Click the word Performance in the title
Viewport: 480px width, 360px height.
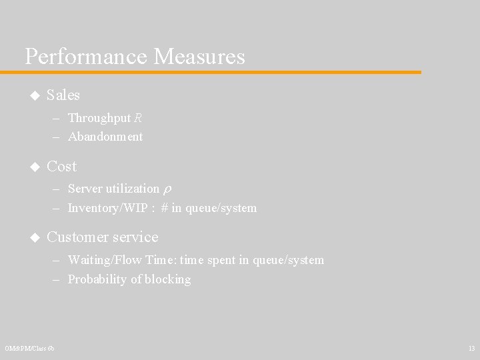pyautogui.click(x=86, y=57)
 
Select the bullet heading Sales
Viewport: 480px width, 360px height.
pyautogui.click(x=63, y=95)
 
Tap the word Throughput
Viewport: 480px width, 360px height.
pyautogui.click(x=99, y=119)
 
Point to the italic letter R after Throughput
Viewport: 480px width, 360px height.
pyautogui.click(x=138, y=119)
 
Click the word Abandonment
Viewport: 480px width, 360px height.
pyautogui.click(x=105, y=137)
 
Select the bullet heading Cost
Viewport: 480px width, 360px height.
pyautogui.click(x=62, y=166)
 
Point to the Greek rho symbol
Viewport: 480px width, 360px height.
pyautogui.click(x=167, y=190)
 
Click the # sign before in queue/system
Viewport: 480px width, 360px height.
pyautogui.click(x=164, y=208)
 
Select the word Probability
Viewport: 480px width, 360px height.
pyautogui.click(x=97, y=279)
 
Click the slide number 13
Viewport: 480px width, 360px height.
pyautogui.click(x=471, y=349)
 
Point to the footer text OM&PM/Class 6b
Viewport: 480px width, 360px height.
pyautogui.click(x=29, y=349)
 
